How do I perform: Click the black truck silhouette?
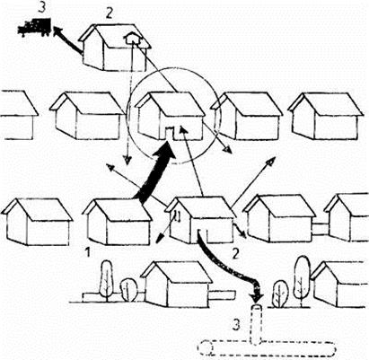(34, 27)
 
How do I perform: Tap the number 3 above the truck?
(42, 7)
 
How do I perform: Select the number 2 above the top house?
(109, 13)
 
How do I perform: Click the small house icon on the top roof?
(132, 38)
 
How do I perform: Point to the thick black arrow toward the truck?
(67, 40)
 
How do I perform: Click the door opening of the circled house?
(170, 133)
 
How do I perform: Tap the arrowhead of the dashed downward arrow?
(127, 160)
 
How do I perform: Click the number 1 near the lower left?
(88, 252)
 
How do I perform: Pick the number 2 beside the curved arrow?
(236, 254)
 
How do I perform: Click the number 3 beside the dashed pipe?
(236, 325)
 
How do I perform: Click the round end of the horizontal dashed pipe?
(206, 348)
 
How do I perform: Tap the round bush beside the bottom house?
(128, 290)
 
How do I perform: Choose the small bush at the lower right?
(280, 294)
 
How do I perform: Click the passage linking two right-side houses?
(321, 229)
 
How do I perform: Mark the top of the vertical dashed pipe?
(257, 307)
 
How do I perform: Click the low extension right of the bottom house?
(222, 294)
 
